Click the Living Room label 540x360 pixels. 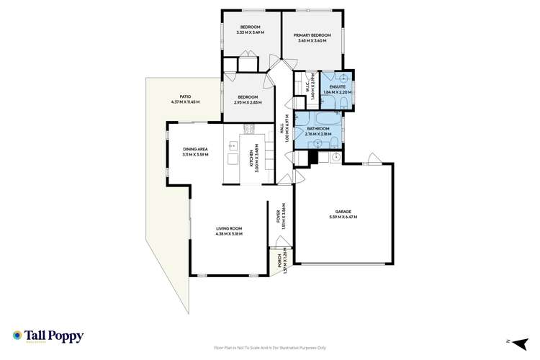coord(230,229)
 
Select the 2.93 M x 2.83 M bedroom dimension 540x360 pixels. coord(248,102)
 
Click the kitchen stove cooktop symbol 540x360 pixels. coord(250,130)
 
